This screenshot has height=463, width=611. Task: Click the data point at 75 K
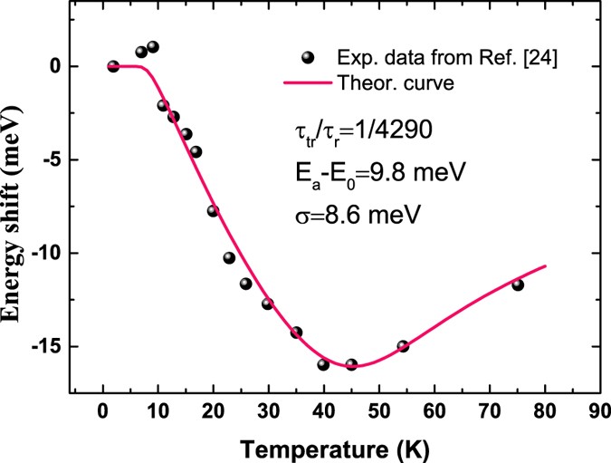point(518,285)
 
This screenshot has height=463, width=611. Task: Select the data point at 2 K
point(113,66)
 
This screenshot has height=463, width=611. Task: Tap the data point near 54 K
point(403,346)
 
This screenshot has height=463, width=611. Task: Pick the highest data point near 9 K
point(153,47)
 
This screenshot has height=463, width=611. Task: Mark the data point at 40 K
point(323,364)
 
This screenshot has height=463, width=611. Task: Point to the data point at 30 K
point(268,304)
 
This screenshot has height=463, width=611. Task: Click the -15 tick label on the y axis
point(50,347)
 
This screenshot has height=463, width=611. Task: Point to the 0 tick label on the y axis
point(56,66)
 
